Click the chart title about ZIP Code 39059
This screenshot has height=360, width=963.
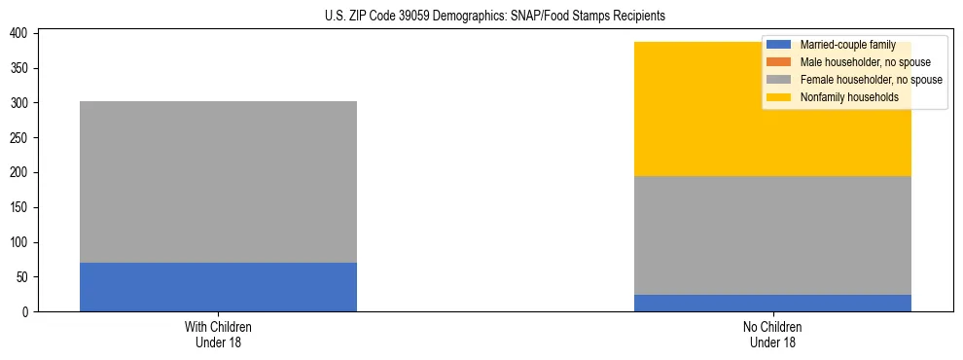495,16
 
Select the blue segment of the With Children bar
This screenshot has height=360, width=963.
218,287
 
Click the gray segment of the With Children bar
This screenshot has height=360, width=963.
218,182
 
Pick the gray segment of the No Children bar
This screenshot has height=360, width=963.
772,235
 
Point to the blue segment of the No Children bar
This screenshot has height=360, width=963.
772,303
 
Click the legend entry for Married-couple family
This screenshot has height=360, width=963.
846,45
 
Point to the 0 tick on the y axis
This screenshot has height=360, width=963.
30,312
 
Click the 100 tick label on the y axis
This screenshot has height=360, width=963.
24,242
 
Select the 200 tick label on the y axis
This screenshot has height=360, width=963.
24,173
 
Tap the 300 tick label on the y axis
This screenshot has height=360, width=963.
24,103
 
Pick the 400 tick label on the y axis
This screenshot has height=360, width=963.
24,34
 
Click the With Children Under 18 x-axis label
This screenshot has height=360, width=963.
218,334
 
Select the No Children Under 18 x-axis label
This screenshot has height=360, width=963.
772,334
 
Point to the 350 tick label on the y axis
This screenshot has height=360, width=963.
24,69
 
